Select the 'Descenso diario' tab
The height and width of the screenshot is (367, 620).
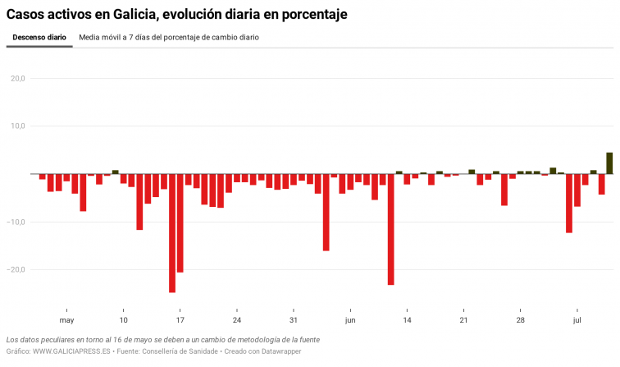(39, 38)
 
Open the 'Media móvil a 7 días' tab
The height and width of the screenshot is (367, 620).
(169, 38)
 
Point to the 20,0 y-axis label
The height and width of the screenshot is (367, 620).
(17, 79)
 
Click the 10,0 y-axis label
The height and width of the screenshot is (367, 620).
(17, 126)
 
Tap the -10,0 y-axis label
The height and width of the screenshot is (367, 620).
(16, 222)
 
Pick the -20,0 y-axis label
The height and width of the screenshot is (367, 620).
(16, 269)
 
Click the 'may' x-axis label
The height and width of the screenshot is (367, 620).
(66, 320)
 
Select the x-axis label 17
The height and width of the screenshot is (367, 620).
(180, 320)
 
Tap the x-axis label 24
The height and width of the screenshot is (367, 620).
(237, 320)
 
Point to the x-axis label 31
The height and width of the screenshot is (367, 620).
(294, 320)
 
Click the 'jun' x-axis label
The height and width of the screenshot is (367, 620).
(350, 320)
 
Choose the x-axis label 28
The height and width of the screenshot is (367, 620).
(521, 320)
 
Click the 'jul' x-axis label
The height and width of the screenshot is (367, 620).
(577, 320)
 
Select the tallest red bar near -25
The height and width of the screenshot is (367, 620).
(172, 233)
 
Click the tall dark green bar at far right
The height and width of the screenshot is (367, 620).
(609, 163)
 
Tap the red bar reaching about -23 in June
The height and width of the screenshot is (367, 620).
(391, 229)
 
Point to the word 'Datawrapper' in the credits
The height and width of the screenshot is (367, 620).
(280, 351)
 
